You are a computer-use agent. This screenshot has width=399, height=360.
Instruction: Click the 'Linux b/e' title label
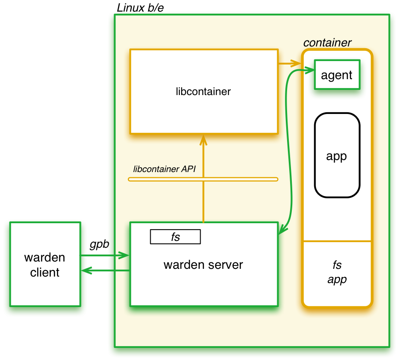(140, 8)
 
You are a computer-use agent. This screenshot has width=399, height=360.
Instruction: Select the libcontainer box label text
(203, 91)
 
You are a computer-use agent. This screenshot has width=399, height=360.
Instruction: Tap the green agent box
(337, 75)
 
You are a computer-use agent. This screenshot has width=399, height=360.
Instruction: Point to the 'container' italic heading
(327, 43)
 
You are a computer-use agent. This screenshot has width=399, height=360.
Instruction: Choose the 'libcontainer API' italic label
(164, 169)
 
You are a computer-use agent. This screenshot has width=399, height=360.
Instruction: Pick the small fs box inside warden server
(175, 237)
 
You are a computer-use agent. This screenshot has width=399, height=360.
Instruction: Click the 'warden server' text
(203, 265)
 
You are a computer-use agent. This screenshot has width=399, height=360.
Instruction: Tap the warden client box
(45, 264)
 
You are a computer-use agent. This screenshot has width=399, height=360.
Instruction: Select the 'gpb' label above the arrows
(99, 244)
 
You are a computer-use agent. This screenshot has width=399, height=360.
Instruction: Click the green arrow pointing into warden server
(105, 256)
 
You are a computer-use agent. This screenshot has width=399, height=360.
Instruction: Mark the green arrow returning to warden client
(105, 271)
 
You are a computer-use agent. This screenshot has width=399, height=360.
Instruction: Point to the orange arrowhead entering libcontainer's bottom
(203, 140)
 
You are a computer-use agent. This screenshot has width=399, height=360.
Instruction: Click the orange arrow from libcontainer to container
(289, 64)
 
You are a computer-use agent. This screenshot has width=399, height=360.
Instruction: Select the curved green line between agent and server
(288, 151)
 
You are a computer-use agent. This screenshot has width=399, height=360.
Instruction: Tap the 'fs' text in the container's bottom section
(337, 264)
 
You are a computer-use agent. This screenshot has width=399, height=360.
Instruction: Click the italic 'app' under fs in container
(337, 280)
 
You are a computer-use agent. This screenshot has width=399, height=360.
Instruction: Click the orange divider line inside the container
(337, 241)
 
